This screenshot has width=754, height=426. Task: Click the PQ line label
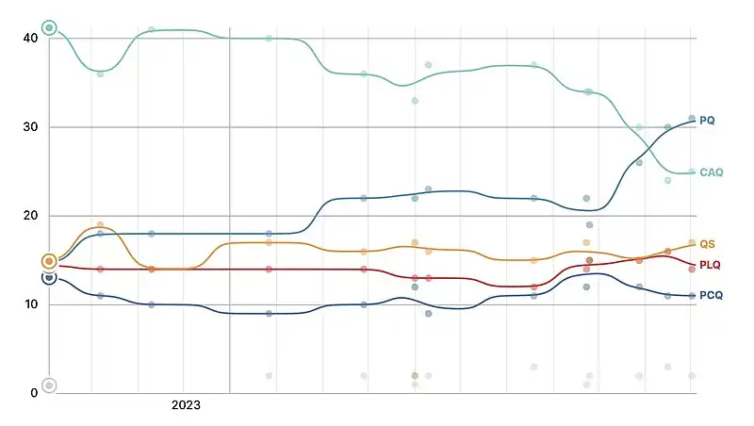click(x=707, y=121)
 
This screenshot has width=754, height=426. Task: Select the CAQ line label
click(x=712, y=172)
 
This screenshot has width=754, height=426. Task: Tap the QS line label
click(x=707, y=244)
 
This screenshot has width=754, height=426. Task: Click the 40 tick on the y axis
click(x=30, y=39)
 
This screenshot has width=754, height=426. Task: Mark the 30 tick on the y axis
click(x=30, y=127)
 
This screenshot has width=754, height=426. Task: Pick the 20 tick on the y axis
click(x=30, y=216)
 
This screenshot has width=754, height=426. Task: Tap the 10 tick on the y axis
click(x=30, y=304)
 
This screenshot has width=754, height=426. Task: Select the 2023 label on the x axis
click(x=186, y=405)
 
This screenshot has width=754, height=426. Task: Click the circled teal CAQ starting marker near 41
click(x=49, y=28)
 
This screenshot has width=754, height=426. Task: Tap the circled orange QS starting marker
click(x=49, y=261)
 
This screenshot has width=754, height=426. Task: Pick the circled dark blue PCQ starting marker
click(x=49, y=277)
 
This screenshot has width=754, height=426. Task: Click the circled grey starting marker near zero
click(x=49, y=385)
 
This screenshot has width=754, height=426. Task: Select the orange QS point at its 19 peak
click(x=100, y=225)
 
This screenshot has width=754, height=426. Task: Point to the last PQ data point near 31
click(x=692, y=119)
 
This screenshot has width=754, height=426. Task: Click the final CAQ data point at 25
click(x=692, y=172)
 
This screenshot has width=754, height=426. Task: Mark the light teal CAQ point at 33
click(x=415, y=101)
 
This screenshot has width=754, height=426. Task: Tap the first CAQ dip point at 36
click(x=100, y=74)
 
